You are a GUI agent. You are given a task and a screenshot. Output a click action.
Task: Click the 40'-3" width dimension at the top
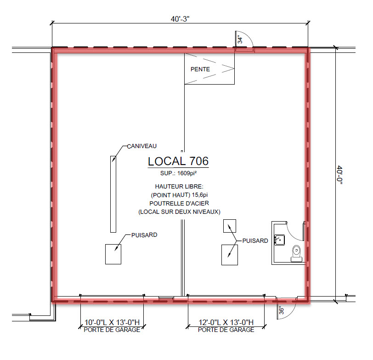pos(180,19)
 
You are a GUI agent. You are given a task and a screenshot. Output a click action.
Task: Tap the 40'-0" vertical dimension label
pos(339,175)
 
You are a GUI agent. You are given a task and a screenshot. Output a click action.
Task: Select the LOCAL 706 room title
pos(178,161)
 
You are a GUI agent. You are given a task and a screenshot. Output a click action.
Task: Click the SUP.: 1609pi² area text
pos(178,173)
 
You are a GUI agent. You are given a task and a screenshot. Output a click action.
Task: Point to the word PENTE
pos(200,69)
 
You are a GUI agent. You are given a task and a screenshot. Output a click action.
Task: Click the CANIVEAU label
pos(142,146)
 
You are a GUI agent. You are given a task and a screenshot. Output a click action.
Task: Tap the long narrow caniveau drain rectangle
pos(113,194)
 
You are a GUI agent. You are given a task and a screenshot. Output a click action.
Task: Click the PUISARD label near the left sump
pos(144,235)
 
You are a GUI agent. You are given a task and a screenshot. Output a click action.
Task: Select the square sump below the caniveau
pos(113,254)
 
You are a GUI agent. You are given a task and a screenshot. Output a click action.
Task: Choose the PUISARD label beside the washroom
pos(255,241)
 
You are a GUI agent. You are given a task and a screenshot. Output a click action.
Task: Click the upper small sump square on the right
pos(230,226)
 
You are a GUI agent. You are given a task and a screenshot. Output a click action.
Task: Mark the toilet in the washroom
pos(296,254)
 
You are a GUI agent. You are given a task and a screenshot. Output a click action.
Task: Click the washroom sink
pos(279,240)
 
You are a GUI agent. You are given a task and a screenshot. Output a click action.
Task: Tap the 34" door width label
pos(240,40)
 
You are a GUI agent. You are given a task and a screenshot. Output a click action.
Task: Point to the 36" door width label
pos(281,311)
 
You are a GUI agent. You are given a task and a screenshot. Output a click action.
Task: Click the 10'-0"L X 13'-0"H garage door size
pos(112,322)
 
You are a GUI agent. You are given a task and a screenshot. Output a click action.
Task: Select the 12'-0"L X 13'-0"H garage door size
pos(226,322)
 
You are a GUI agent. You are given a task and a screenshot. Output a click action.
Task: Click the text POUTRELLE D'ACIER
pos(179,203)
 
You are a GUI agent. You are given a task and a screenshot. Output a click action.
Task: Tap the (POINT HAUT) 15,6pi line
pos(179,195)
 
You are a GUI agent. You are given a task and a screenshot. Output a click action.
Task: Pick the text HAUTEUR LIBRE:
pos(179,186)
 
